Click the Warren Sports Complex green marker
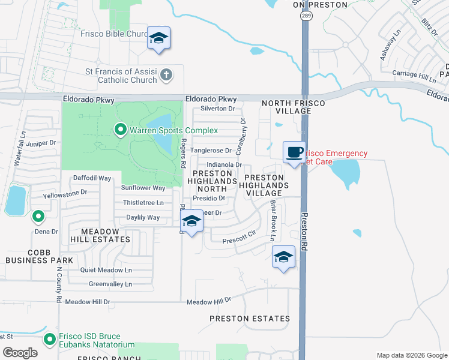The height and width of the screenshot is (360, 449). tap(120, 130)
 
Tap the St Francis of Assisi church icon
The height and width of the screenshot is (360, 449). tap(166, 75)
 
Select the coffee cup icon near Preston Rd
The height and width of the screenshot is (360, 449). tap(294, 151)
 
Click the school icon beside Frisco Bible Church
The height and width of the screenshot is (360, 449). tap(158, 38)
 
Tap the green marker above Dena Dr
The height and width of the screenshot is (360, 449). tap(38, 216)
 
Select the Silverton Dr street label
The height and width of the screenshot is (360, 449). tap(217, 109)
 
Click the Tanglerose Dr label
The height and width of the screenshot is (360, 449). tap(211, 151)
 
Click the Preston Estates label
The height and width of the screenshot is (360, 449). tap(250, 319)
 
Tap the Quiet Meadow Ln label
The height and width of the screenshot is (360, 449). tap(106, 270)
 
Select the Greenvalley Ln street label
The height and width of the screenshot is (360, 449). tap(110, 284)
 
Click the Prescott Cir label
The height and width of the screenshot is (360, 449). tap(239, 241)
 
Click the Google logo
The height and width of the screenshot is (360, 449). tap(20, 353)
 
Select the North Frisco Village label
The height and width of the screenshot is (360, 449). tap(293, 107)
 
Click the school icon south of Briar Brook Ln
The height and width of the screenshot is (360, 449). tap(283, 257)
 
